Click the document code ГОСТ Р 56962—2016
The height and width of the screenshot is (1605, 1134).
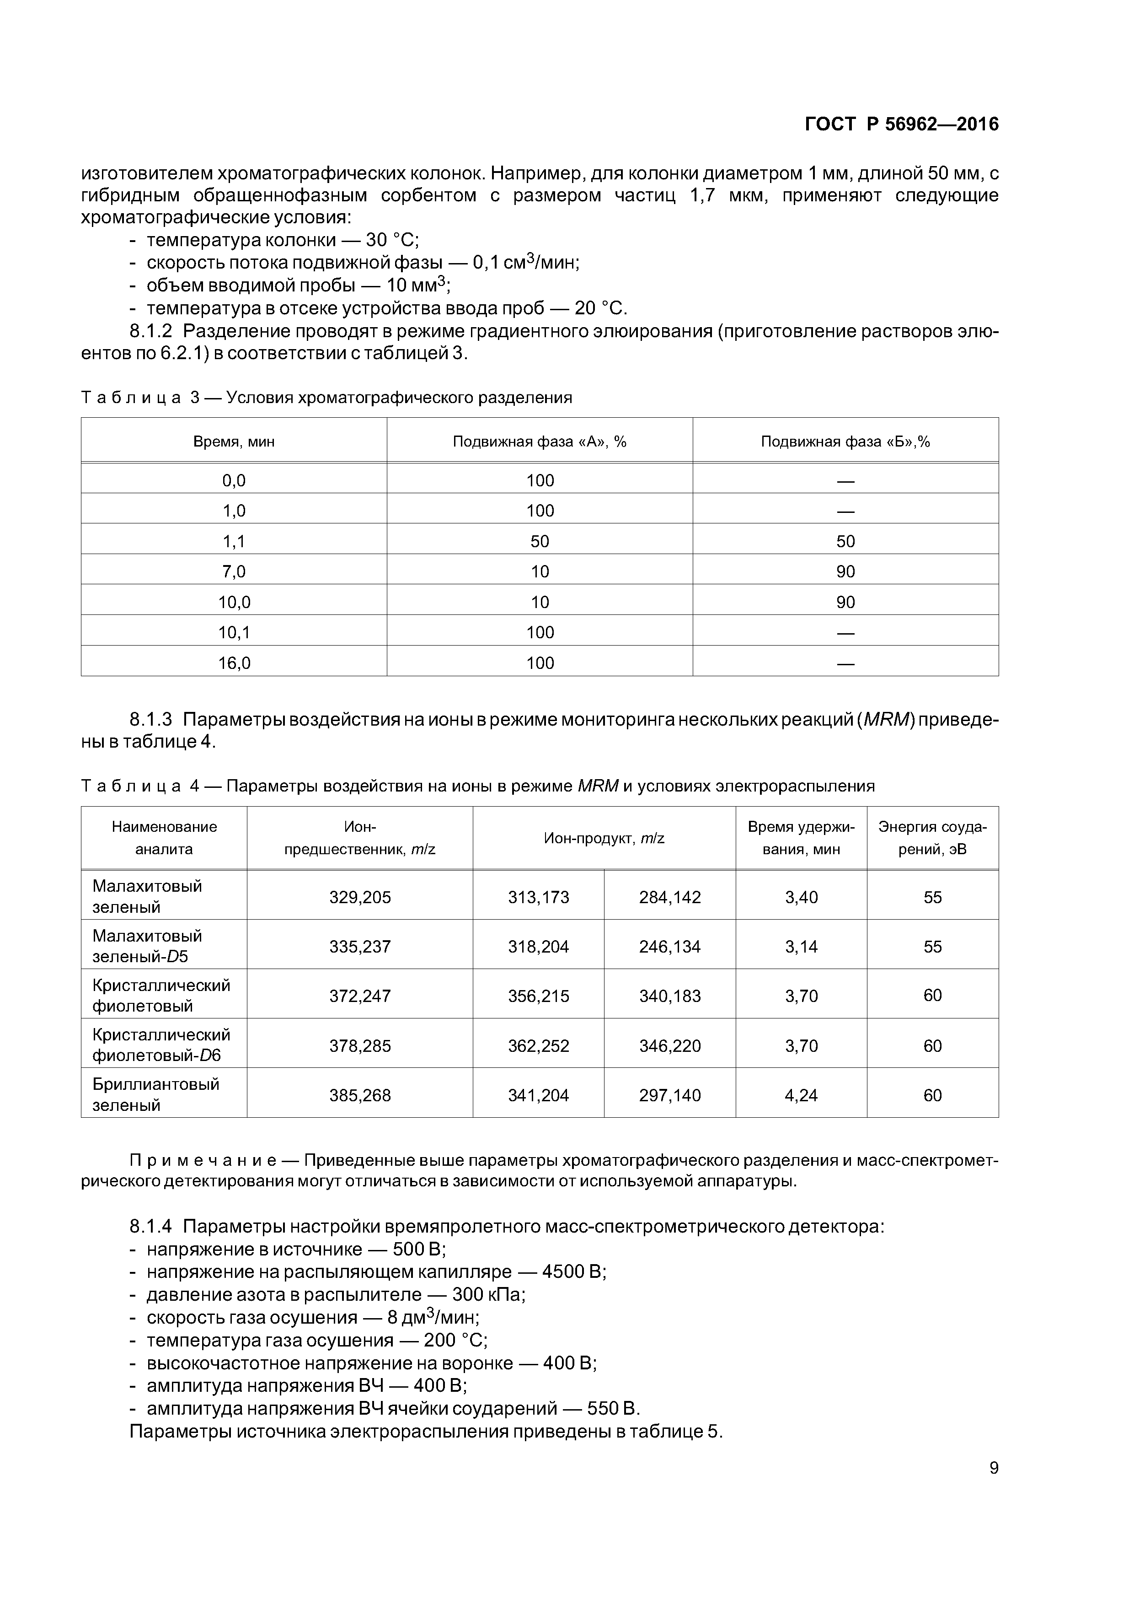[x=901, y=124]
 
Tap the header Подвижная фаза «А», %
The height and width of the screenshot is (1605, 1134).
[x=540, y=442]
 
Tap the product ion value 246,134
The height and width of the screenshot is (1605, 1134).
[x=669, y=947]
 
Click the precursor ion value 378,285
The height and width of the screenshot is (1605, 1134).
[x=360, y=1046]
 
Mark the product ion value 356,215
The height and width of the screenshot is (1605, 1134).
[x=538, y=996]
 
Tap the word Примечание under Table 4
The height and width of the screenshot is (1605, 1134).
[x=202, y=1161]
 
